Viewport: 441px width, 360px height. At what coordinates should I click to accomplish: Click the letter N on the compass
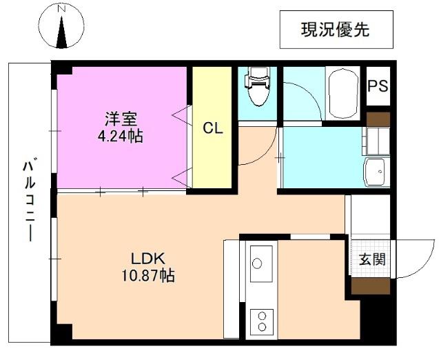61,9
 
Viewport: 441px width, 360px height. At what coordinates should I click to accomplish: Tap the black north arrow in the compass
61,32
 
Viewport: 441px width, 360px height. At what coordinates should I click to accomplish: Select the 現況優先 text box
336,30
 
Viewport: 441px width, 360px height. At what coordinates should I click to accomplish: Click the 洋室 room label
121,119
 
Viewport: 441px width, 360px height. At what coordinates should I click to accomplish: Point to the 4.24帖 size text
121,137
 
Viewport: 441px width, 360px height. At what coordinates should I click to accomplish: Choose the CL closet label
213,128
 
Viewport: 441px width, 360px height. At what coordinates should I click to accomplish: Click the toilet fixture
257,86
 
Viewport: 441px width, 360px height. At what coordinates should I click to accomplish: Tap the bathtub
343,93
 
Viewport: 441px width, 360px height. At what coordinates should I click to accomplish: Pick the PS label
378,86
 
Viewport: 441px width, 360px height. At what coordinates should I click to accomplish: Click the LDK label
148,259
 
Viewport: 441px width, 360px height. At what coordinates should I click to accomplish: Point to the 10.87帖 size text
148,275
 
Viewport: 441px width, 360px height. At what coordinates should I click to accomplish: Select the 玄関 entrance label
372,259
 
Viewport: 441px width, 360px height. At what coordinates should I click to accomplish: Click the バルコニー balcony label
29,199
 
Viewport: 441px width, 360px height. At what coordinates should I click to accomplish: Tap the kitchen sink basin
262,263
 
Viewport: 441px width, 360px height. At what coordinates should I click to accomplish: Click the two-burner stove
262,322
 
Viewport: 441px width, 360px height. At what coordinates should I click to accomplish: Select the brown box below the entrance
371,286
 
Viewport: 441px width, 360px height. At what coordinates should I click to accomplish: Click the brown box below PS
378,119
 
